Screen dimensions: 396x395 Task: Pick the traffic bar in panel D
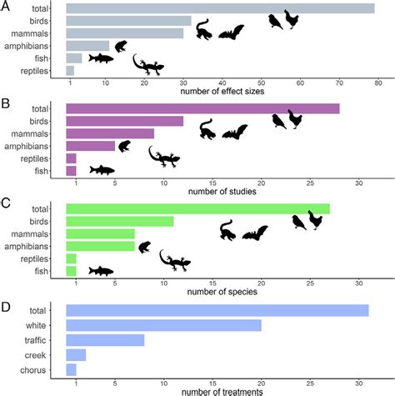[x=105, y=339]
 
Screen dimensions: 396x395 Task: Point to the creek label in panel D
[x=39, y=354]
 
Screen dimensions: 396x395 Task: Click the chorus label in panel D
[x=37, y=368]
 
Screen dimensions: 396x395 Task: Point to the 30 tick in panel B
[x=359, y=183]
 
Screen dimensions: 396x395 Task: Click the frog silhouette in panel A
[x=120, y=46]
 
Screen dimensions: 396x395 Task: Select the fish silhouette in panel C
[x=100, y=270]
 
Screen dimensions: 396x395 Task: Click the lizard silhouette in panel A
[x=152, y=65]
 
